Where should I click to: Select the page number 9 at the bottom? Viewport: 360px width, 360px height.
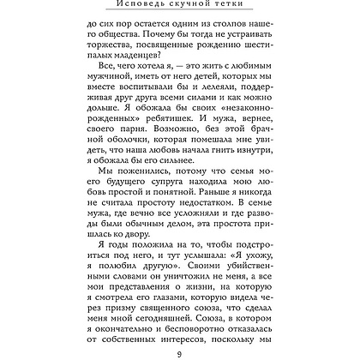click(179, 351)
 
